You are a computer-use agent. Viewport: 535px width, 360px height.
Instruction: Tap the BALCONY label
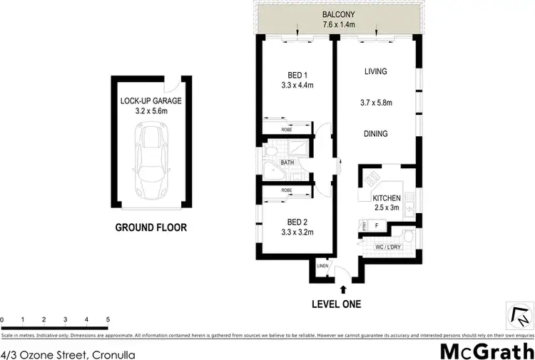(x=339, y=15)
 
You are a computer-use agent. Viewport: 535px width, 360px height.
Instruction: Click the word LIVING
(x=375, y=71)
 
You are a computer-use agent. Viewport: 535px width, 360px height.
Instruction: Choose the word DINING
(x=375, y=133)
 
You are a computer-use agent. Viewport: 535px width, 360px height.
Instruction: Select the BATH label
(x=287, y=163)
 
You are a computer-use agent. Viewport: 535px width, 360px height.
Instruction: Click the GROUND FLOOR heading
(x=151, y=228)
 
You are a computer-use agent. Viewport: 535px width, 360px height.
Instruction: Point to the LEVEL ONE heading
(x=336, y=304)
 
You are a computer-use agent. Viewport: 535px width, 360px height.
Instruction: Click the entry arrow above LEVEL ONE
(x=344, y=289)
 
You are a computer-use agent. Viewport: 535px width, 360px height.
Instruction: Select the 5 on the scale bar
(x=107, y=319)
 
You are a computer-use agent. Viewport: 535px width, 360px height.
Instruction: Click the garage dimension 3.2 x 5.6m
(x=151, y=110)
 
